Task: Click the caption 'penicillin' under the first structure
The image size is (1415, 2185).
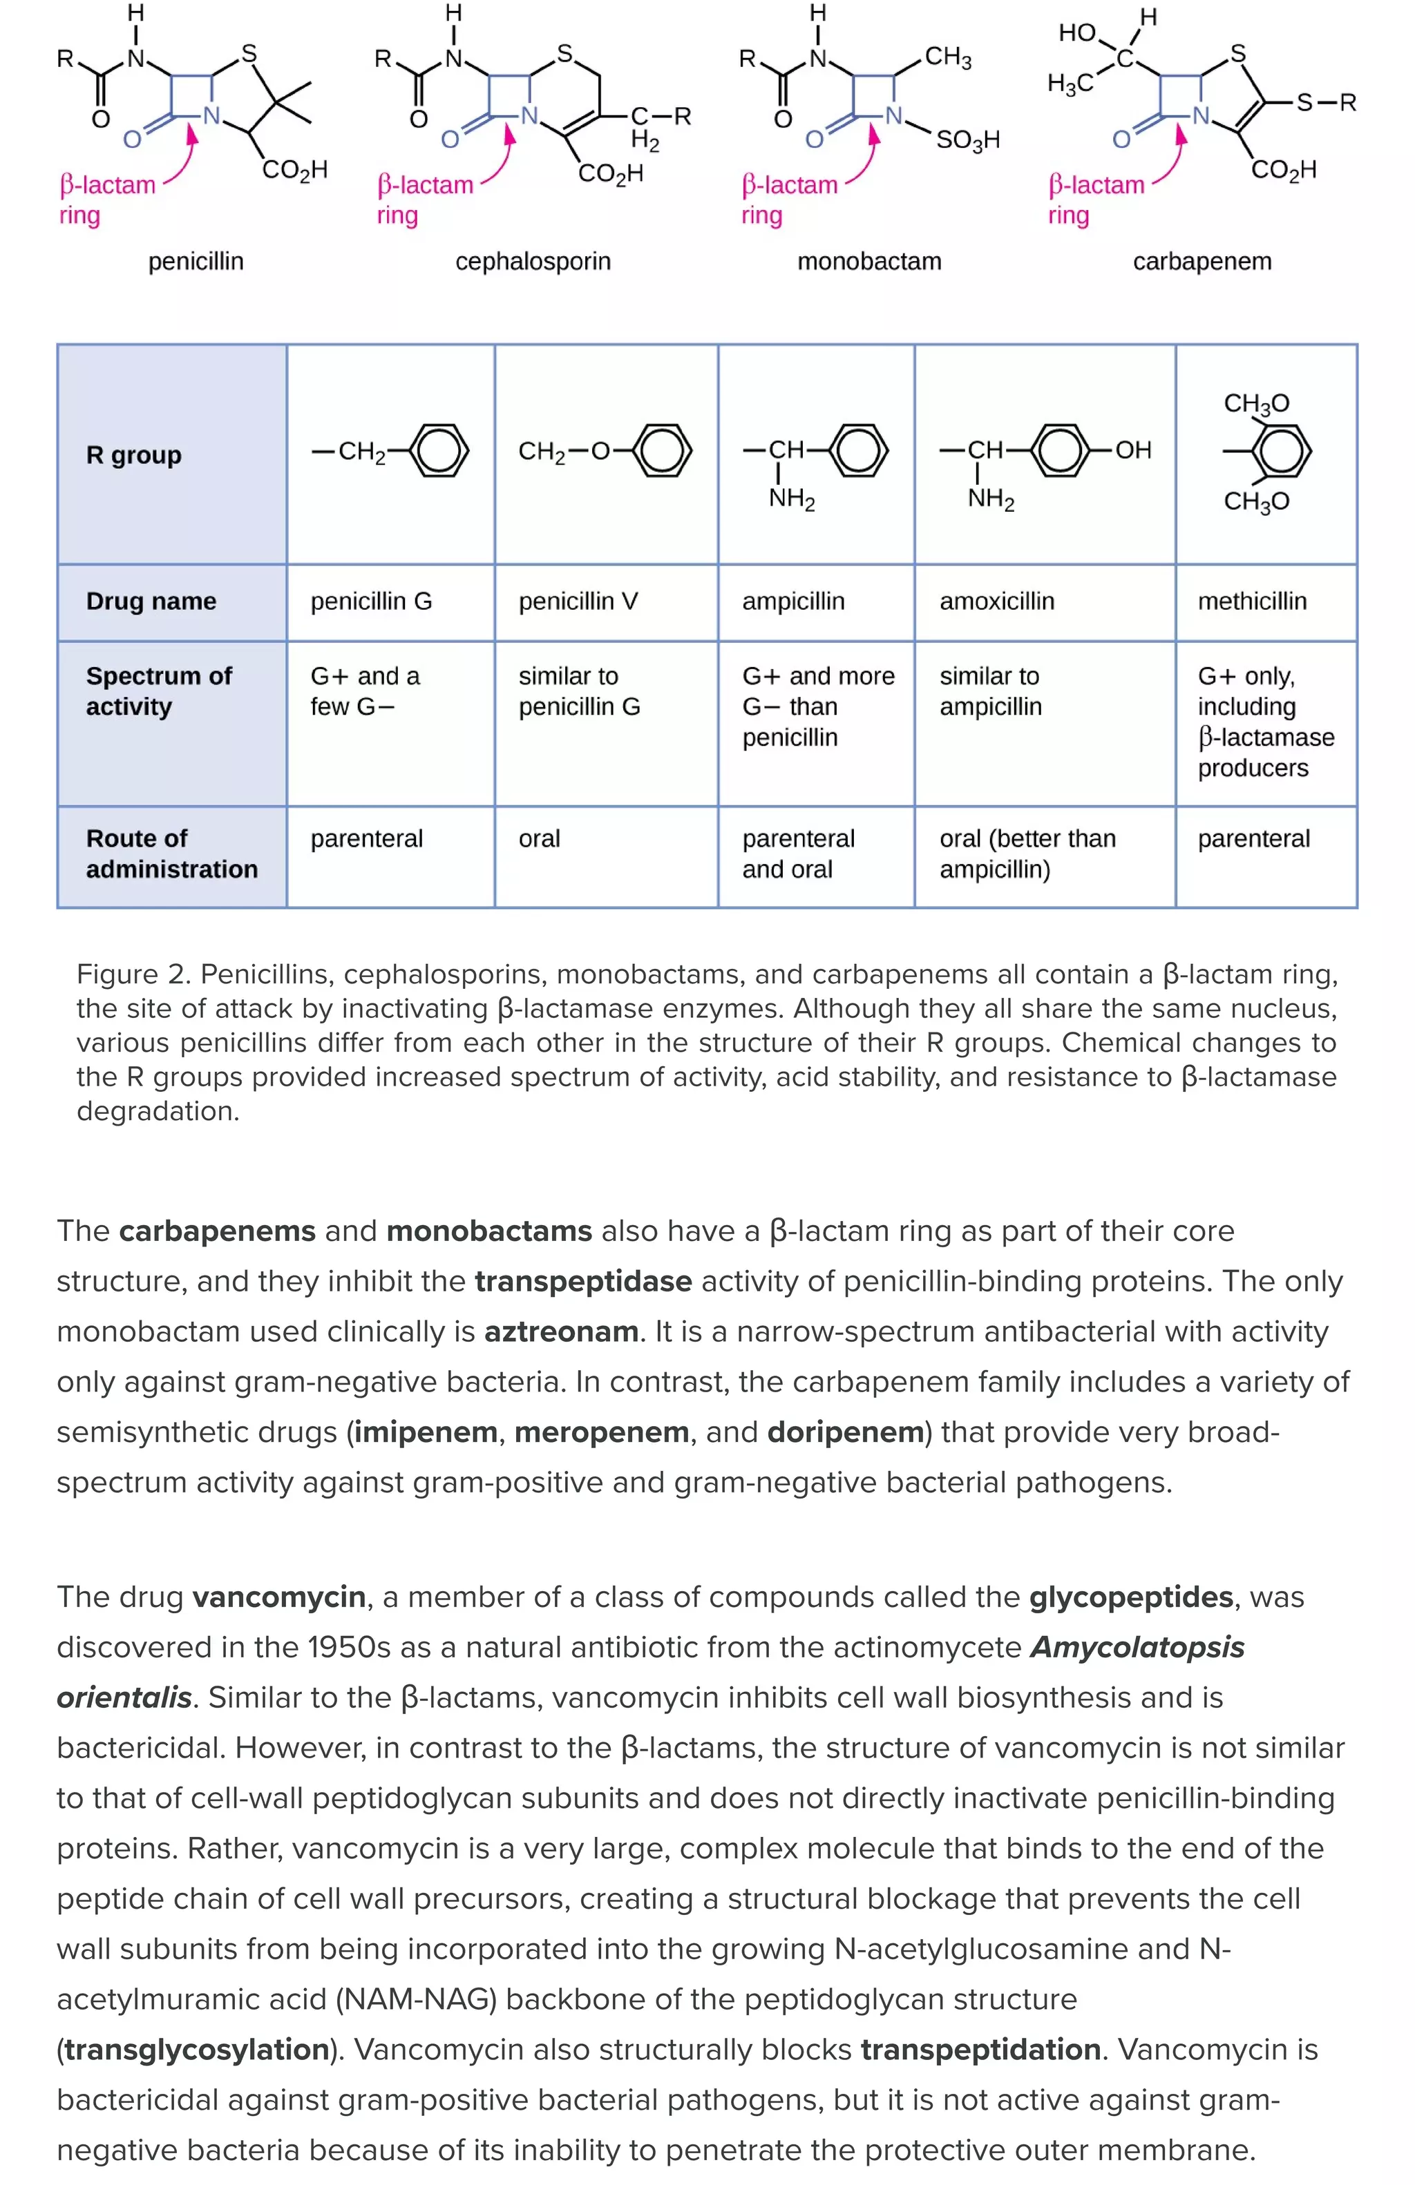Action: coord(196,261)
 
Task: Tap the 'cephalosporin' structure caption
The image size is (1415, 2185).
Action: coord(533,261)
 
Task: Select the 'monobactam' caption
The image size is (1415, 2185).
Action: coord(868,261)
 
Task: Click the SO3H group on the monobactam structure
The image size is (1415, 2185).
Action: coord(967,140)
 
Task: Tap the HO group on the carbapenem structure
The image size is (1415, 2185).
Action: coord(1077,33)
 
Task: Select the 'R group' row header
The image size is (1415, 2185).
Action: coord(134,454)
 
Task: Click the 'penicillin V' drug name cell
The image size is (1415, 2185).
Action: coord(578,601)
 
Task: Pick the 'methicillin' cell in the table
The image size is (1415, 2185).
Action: coord(1251,601)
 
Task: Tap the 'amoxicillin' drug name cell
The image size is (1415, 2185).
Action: coord(996,601)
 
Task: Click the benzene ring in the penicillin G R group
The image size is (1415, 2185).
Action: coord(439,451)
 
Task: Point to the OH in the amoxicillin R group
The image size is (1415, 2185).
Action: coord(1132,450)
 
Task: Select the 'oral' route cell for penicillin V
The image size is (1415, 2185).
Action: coord(539,838)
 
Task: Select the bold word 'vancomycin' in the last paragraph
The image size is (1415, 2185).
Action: coord(278,1597)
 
